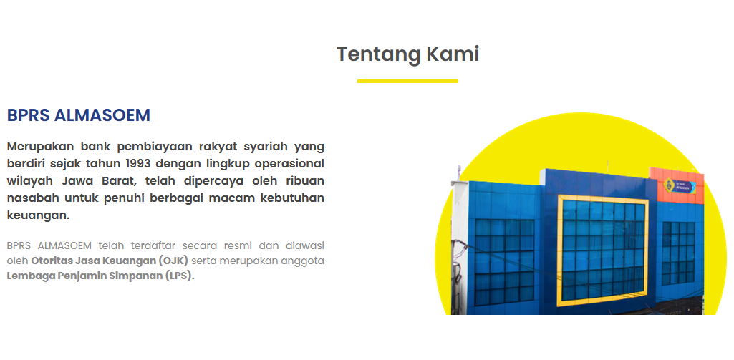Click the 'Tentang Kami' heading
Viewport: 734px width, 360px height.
tap(407, 54)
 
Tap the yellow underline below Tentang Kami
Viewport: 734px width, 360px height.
tap(407, 81)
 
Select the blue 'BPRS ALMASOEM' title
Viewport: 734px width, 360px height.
tap(78, 115)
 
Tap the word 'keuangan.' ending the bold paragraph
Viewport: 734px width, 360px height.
tap(38, 215)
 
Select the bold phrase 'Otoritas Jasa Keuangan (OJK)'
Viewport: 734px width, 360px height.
tap(110, 261)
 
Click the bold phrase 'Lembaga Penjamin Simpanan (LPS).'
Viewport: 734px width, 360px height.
tap(100, 276)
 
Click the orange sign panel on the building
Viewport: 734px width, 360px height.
tap(676, 185)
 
